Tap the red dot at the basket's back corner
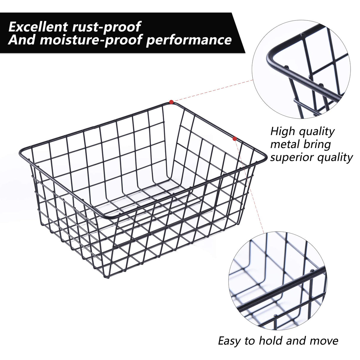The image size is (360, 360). [x=171, y=102]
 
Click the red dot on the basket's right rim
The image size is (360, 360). [x=235, y=138]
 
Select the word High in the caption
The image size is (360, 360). [x=283, y=131]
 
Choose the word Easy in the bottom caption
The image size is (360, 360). [x=230, y=341]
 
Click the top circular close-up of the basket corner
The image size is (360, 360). [x=301, y=70]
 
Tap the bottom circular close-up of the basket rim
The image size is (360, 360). [x=278, y=280]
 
